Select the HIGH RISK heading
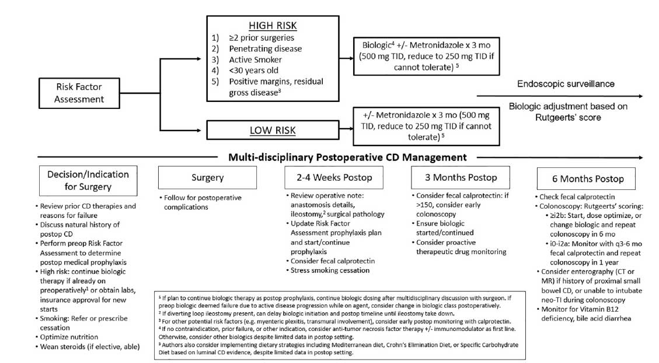click(x=273, y=26)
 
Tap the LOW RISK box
click(x=273, y=129)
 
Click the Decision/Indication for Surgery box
click(x=88, y=180)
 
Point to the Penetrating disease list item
click(x=266, y=49)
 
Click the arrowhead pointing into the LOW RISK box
click(x=203, y=130)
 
